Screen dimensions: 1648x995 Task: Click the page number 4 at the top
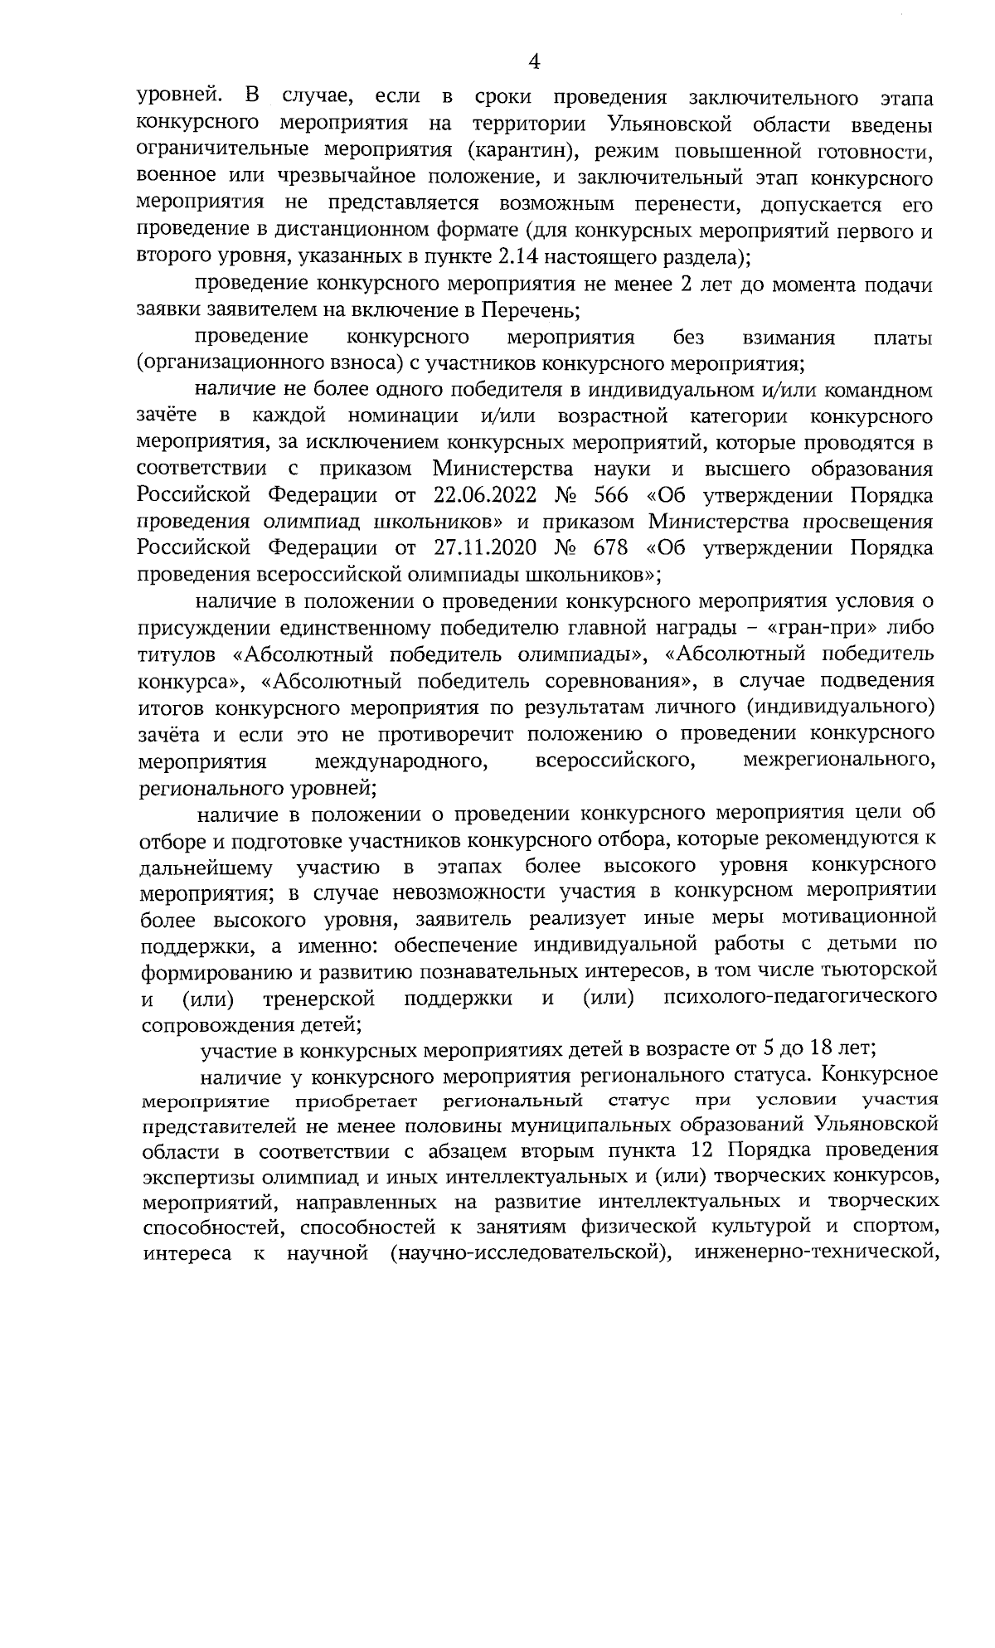click(x=534, y=61)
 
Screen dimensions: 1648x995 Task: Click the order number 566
click(x=609, y=495)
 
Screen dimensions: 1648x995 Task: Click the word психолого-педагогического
click(x=802, y=995)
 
